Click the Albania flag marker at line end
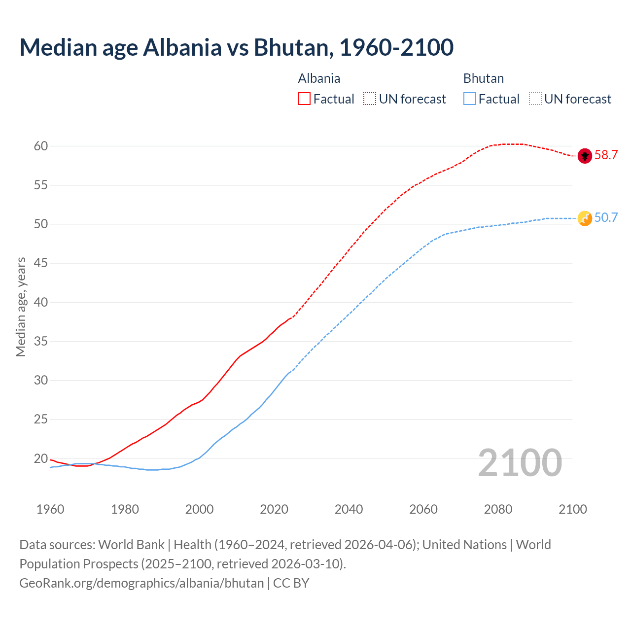(585, 156)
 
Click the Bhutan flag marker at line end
(585, 218)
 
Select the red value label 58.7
(606, 155)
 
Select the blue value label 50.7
(606, 218)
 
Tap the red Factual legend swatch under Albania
(304, 99)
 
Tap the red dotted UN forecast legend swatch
(370, 99)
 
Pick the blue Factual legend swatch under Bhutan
(470, 99)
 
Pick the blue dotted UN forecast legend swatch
(535, 99)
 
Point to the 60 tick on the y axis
(41, 146)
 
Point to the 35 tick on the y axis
(41, 341)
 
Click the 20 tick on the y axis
(41, 458)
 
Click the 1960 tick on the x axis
(50, 509)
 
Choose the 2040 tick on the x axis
(349, 509)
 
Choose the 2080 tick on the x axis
(498, 509)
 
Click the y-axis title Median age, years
(21, 307)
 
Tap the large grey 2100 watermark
(520, 463)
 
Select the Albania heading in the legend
(319, 78)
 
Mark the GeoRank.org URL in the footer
(141, 583)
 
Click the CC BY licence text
(291, 583)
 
